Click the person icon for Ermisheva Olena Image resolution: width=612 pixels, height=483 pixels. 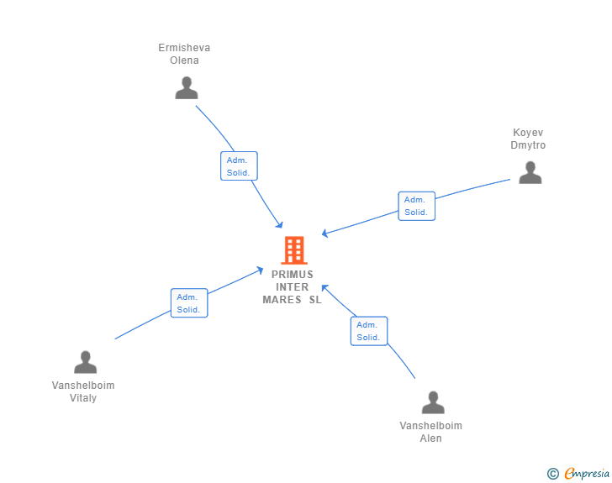(187, 87)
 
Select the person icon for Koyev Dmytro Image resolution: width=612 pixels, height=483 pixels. (530, 172)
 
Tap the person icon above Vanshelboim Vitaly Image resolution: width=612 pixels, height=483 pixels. (85, 362)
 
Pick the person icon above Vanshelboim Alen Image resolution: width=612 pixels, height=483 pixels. (432, 402)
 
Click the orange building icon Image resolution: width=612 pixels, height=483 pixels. (293, 249)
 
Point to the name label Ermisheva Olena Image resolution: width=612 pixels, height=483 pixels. (184, 54)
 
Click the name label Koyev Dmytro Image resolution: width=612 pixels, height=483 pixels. (528, 139)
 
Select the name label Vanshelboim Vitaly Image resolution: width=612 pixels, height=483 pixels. (83, 391)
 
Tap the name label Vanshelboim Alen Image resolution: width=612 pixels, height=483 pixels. (430, 432)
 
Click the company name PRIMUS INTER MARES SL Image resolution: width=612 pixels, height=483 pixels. (292, 286)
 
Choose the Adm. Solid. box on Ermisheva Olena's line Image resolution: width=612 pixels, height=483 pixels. (239, 166)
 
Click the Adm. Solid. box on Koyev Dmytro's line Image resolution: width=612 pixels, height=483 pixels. (416, 206)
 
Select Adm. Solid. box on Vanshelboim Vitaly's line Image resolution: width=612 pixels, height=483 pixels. (188, 302)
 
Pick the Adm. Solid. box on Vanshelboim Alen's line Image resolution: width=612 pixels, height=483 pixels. (368, 331)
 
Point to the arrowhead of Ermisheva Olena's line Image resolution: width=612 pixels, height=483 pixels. (281, 226)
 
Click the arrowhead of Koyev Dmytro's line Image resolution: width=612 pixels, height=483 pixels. (324, 234)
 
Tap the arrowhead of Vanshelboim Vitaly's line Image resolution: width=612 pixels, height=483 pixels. (261, 269)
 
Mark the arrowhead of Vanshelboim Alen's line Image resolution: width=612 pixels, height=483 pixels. (324, 286)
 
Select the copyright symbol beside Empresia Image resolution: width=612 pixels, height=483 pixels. (552, 474)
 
